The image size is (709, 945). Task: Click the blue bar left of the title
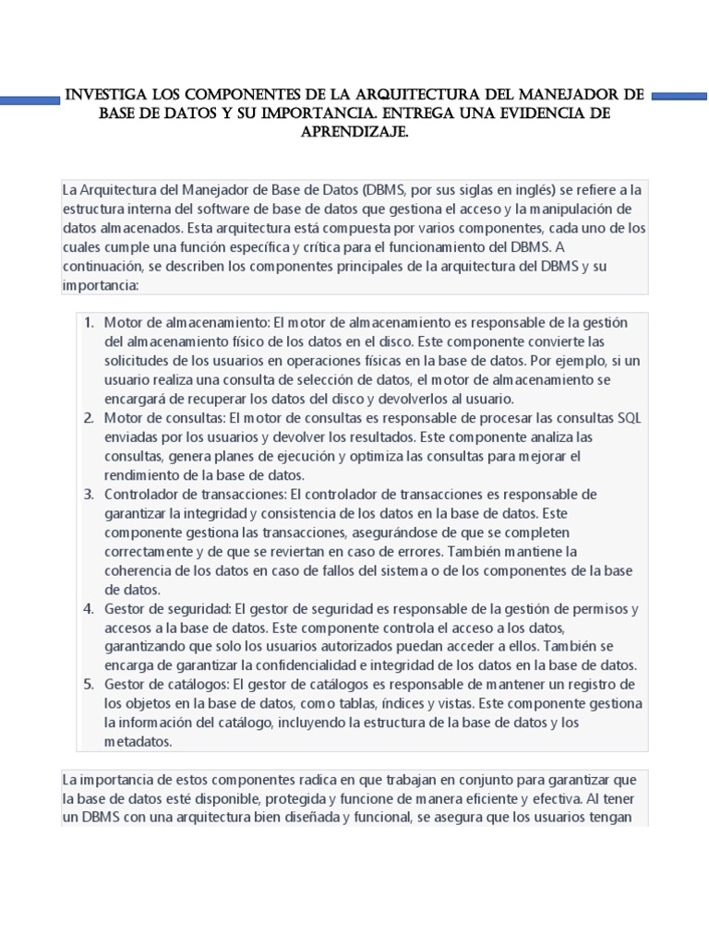pos(28,95)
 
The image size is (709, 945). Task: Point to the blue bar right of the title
pos(679,94)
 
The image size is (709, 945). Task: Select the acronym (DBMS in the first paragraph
pos(385,189)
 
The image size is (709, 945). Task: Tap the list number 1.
pos(89,322)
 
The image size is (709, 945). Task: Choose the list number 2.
pos(89,418)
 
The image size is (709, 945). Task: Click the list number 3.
pos(89,494)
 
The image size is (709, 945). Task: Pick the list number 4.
pos(89,609)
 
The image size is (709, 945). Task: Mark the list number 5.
pos(89,684)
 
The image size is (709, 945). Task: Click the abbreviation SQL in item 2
pos(629,418)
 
